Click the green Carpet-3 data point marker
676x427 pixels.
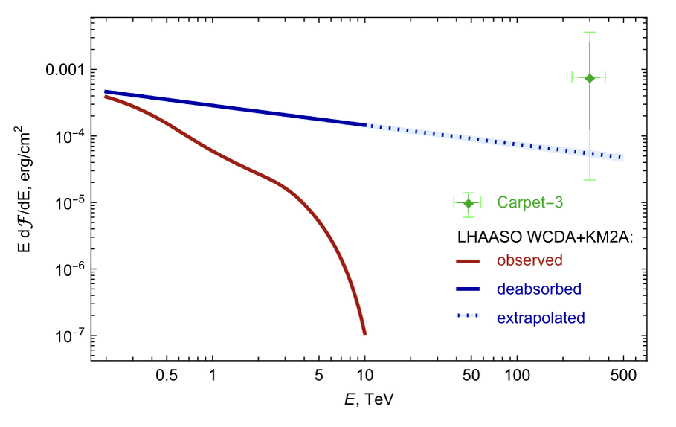pyautogui.click(x=589, y=77)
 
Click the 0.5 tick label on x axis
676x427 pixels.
pyautogui.click(x=167, y=376)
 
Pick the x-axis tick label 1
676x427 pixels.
pyautogui.click(x=213, y=376)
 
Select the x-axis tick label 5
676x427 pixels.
pyautogui.click(x=319, y=376)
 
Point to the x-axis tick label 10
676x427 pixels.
pyautogui.click(x=364, y=376)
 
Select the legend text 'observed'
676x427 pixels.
pyautogui.click(x=529, y=260)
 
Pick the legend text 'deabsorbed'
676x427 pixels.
pyautogui.click(x=538, y=289)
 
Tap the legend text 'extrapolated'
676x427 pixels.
pyautogui.click(x=541, y=318)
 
